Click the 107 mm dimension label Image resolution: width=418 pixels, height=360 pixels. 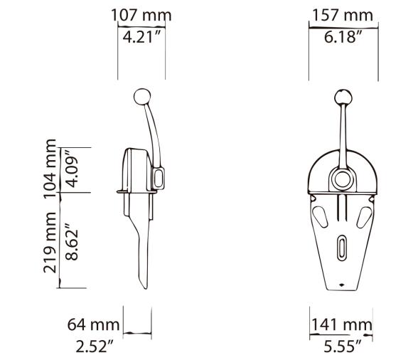tap(141, 15)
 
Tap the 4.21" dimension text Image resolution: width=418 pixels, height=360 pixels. tap(141, 36)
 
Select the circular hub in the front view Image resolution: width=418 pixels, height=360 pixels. tap(343, 179)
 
